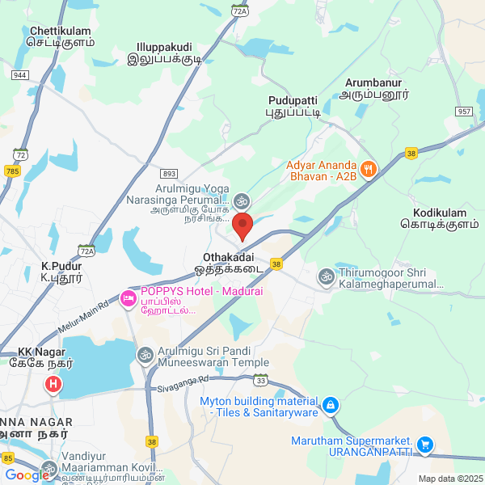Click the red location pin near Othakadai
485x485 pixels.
[x=242, y=226]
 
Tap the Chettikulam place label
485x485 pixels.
[x=58, y=36]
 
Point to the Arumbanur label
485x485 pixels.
[x=373, y=88]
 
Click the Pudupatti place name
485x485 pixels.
[x=293, y=106]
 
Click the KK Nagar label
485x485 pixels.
[x=45, y=358]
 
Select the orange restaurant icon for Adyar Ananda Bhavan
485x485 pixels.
[x=368, y=169]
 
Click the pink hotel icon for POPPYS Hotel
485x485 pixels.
[x=129, y=299]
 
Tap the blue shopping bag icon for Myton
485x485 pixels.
[x=330, y=405]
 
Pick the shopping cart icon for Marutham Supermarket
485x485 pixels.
[x=425, y=445]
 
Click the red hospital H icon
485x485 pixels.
[x=53, y=384]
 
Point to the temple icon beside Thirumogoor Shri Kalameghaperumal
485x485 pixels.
[x=326, y=276]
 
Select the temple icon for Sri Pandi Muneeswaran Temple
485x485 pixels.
[x=145, y=354]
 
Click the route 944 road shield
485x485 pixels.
[x=20, y=74]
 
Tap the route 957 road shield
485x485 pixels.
[x=463, y=111]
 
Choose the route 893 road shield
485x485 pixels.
[x=168, y=173]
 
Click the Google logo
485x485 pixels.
[x=27, y=475]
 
